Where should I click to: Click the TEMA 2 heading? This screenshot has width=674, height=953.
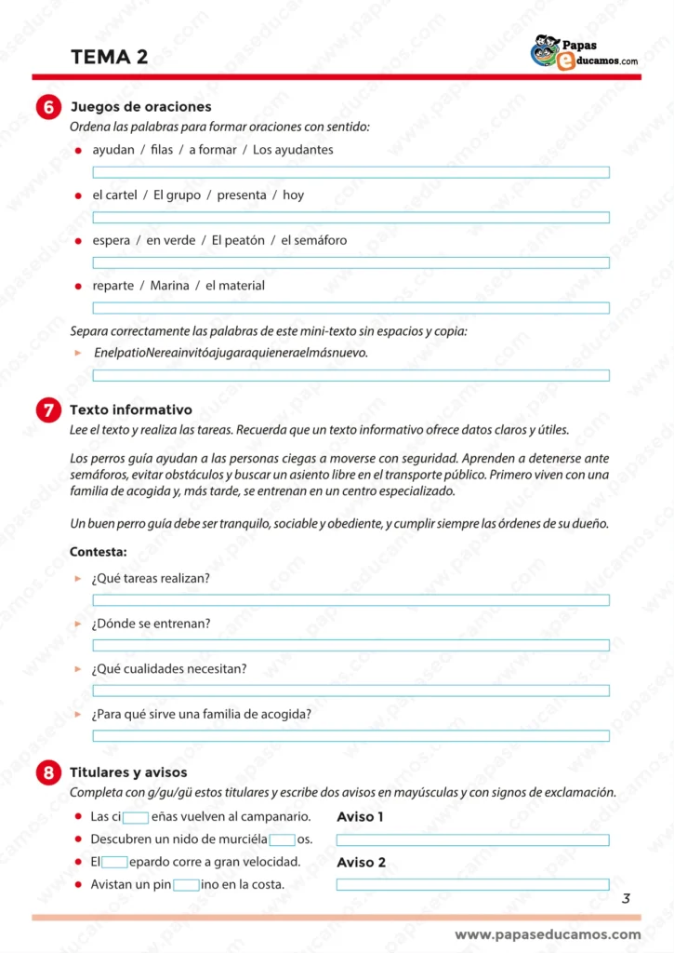109,57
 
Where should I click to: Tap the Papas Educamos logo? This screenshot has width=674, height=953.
583,53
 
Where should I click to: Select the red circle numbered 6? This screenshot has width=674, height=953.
48,108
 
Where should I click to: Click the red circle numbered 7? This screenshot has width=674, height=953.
48,410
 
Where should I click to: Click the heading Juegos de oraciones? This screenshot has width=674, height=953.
140,107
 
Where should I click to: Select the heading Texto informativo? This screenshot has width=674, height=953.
131,409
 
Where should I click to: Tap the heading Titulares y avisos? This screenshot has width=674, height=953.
128,772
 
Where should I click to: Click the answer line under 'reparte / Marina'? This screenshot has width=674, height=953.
350,308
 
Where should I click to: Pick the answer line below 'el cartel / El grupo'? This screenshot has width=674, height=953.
350,218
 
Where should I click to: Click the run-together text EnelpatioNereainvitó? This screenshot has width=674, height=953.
231,353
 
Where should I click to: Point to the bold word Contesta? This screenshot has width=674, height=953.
99,552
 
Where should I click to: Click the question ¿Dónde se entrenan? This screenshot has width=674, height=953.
151,624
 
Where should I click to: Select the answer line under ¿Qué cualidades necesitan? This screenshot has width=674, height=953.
350,691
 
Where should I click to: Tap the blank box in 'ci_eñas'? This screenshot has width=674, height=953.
136,817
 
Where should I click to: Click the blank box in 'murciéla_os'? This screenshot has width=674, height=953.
282,839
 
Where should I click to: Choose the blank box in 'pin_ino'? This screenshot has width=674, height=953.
186,885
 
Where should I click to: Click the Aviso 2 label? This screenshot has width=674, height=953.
361,863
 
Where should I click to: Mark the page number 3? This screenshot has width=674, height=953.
626,898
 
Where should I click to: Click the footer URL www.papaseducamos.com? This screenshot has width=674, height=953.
548,934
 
